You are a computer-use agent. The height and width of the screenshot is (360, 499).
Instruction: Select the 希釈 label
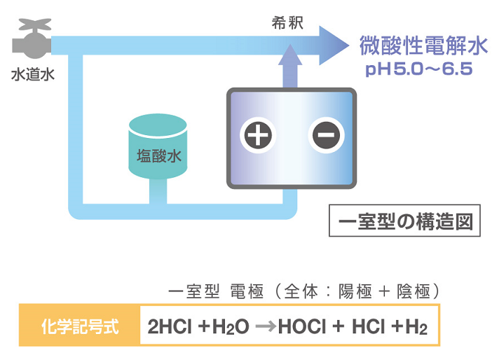click(x=286, y=22)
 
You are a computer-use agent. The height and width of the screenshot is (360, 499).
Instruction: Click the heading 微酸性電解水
click(x=423, y=46)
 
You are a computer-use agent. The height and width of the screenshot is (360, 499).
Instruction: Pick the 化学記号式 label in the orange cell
click(x=80, y=326)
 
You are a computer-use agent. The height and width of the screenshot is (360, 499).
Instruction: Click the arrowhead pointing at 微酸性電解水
click(x=335, y=44)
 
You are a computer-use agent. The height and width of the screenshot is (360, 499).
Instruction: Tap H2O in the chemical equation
click(x=233, y=327)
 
